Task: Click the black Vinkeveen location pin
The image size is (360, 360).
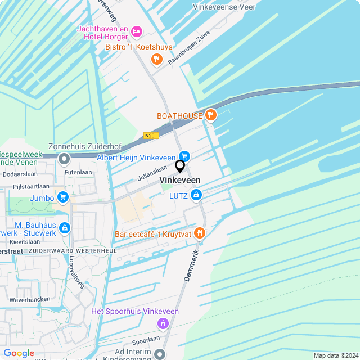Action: click(x=180, y=166)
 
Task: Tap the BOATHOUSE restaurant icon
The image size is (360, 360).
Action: click(x=211, y=115)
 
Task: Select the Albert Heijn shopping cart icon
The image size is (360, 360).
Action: click(x=183, y=156)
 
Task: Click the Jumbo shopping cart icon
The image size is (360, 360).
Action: click(x=63, y=197)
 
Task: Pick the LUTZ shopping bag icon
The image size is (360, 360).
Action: click(x=196, y=195)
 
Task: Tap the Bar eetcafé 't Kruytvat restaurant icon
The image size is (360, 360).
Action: click(x=199, y=233)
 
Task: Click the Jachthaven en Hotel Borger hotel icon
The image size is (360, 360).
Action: click(x=136, y=31)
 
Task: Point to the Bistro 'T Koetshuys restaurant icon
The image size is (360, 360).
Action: click(x=156, y=59)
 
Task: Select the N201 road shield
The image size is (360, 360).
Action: click(x=151, y=136)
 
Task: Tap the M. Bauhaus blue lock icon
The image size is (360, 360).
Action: click(x=65, y=228)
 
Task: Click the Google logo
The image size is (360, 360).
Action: click(x=19, y=353)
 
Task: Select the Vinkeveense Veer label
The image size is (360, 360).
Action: click(x=224, y=7)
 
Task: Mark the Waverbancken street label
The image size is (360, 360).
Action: click(x=30, y=299)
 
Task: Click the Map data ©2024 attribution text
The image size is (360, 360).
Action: click(x=335, y=355)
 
